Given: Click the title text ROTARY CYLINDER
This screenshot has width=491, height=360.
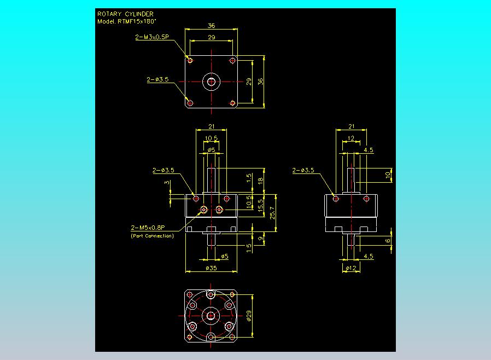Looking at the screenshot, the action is [x=125, y=14].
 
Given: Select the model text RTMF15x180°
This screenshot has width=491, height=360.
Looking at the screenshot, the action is [x=137, y=22].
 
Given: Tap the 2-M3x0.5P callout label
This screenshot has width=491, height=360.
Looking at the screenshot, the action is [x=152, y=37].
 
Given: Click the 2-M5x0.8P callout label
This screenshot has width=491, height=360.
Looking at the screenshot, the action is [x=148, y=228].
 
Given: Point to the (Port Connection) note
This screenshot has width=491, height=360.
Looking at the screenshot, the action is [x=152, y=236].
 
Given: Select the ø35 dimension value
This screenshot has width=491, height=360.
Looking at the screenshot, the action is [x=212, y=268].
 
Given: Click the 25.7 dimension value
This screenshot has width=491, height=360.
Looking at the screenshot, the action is [x=272, y=213].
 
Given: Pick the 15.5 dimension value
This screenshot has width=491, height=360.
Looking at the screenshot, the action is [x=260, y=206].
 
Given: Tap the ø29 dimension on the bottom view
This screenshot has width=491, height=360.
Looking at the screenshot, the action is [x=249, y=316].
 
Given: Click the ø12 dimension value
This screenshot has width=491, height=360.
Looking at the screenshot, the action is [x=351, y=268].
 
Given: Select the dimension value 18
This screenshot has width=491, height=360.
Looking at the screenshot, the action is [x=260, y=181].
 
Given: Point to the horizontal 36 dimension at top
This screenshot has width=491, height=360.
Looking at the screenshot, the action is [x=212, y=26].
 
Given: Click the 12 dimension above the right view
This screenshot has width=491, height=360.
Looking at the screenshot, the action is [x=351, y=138].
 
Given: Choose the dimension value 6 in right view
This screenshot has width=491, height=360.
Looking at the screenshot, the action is [x=388, y=241].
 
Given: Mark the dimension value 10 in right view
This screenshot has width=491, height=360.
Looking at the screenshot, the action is [x=388, y=175].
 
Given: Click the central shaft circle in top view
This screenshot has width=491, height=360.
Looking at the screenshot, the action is [x=212, y=82].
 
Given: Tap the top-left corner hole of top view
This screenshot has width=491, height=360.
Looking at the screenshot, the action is [x=190, y=61].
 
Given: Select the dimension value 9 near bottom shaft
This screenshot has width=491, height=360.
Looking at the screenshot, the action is [x=260, y=239].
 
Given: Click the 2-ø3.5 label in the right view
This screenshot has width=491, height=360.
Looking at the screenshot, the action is [x=303, y=171].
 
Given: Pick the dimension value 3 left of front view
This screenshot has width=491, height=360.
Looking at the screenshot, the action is [x=167, y=182].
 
